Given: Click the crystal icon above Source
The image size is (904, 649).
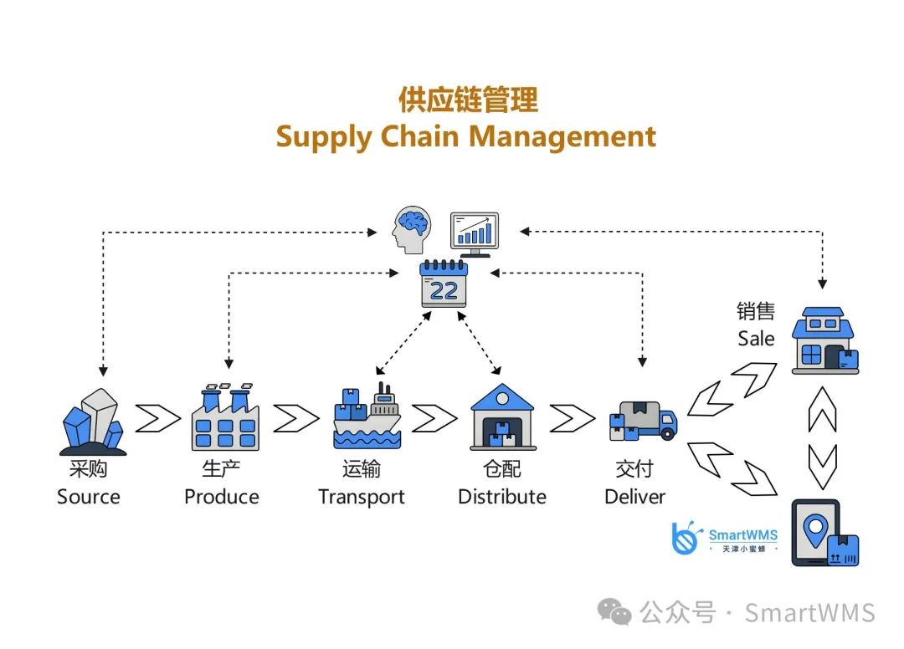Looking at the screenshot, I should point(92,422).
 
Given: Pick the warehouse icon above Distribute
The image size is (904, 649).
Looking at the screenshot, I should point(502,416).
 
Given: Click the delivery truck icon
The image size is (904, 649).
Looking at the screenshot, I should point(642,421).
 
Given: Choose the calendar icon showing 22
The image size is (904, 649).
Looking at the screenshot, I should point(444,284).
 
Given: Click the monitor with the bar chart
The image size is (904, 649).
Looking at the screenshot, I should point(474,233).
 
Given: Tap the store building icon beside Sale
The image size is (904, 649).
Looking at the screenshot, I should point(824,340).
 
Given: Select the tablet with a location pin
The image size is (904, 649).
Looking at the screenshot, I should point(824,533).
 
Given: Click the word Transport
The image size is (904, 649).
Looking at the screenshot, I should point(362,497).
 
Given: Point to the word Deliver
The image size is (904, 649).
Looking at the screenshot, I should point(634,497).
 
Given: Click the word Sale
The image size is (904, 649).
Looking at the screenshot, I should point(756,339).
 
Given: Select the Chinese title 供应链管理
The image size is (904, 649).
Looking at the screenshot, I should point(467,100).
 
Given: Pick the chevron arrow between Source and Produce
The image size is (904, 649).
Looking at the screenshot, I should point(158,418).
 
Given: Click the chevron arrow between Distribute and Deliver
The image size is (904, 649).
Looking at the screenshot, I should point(573,418).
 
